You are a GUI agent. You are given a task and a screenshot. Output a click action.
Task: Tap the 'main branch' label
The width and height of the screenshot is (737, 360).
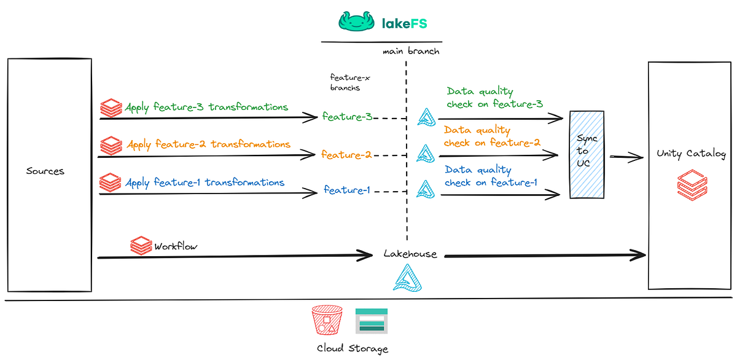click(x=411, y=52)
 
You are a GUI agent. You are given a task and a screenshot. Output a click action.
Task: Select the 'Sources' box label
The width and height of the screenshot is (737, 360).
click(x=45, y=171)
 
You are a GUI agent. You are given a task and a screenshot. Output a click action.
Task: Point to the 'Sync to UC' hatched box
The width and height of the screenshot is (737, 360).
click(x=587, y=154)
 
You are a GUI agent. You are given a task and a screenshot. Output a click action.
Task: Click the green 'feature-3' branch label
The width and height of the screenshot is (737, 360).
click(x=348, y=117)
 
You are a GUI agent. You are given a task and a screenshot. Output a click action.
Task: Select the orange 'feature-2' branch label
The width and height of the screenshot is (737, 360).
click(x=346, y=155)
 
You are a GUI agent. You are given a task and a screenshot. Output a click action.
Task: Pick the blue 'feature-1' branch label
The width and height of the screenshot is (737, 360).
click(x=347, y=190)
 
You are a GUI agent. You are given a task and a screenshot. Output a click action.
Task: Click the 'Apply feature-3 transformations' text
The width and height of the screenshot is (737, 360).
click(x=206, y=108)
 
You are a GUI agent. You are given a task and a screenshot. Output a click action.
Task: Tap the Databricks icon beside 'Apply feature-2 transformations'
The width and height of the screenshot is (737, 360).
click(x=111, y=146)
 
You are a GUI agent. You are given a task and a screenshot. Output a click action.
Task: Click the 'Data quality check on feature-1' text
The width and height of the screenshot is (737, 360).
click(x=491, y=176)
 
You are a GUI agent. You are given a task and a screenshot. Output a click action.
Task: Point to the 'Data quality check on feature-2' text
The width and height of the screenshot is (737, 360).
click(x=491, y=136)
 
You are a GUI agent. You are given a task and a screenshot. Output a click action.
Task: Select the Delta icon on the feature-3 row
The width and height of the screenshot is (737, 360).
click(x=426, y=116)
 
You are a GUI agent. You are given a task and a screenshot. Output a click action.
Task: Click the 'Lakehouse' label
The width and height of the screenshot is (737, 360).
click(x=410, y=254)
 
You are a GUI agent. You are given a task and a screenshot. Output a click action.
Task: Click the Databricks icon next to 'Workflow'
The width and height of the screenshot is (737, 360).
click(x=141, y=246)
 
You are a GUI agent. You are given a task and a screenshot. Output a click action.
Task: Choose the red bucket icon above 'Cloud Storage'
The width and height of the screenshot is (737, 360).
click(x=326, y=321)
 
